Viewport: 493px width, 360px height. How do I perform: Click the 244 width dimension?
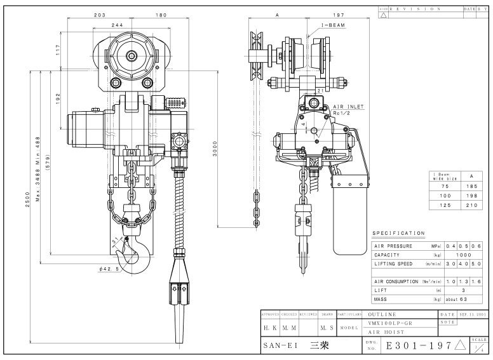[118, 25]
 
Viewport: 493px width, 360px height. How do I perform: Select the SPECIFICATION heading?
[398, 233]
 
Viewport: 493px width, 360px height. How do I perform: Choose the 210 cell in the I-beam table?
[471, 206]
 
